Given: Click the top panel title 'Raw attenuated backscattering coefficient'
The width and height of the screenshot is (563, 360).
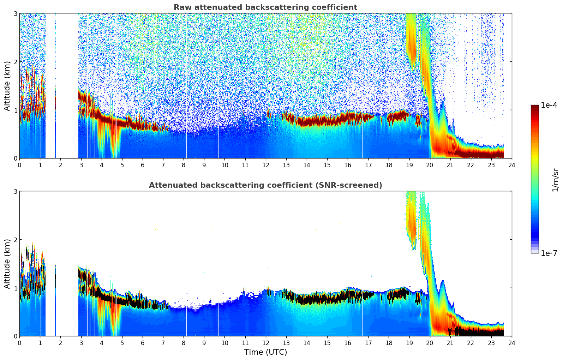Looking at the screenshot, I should [x=265, y=7].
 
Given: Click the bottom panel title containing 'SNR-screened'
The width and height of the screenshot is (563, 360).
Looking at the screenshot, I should [x=265, y=185].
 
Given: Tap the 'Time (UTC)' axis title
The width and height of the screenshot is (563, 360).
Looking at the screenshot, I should [x=265, y=352].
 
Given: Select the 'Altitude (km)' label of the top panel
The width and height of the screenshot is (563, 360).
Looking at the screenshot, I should [x=7, y=86].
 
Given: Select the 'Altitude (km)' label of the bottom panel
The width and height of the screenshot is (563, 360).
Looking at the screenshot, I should [x=7, y=264].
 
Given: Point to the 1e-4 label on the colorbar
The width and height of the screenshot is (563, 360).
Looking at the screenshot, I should [x=549, y=105].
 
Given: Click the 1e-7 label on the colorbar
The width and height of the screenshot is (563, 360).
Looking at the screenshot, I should [x=549, y=253].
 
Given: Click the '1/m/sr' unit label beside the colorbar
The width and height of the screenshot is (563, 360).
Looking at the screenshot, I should [x=555, y=180].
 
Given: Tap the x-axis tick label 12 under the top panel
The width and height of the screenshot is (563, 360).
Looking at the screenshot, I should [x=265, y=165].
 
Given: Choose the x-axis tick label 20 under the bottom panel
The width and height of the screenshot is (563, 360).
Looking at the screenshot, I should [x=430, y=343].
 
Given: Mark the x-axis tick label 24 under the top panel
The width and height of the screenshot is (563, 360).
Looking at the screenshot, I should [x=512, y=165].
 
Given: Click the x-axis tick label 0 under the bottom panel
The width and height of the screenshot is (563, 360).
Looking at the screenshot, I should [x=19, y=343].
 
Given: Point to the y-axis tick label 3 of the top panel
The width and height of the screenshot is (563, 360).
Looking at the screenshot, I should [x=15, y=13].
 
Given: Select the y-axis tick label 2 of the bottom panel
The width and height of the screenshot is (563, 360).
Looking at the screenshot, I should [x=15, y=240].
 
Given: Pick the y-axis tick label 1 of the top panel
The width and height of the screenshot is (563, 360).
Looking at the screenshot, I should [x=15, y=110].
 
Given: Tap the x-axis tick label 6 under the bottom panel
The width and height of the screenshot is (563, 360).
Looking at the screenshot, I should [x=143, y=343].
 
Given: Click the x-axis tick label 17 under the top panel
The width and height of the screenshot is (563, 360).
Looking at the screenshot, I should [x=368, y=165].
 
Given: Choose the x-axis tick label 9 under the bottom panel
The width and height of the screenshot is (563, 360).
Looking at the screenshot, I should [x=204, y=343].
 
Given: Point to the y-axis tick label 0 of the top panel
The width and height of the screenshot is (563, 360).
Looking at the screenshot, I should [x=15, y=158].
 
